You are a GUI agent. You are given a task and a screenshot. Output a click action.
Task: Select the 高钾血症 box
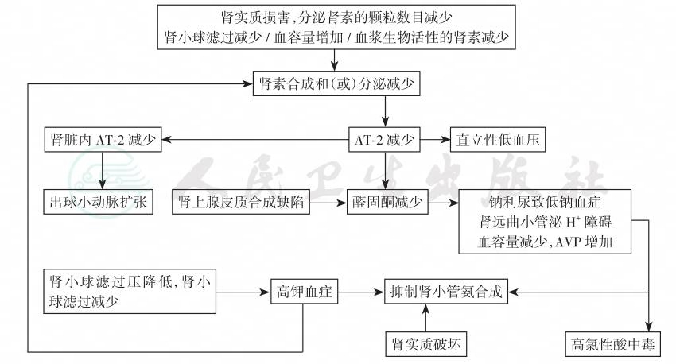pos(303,292)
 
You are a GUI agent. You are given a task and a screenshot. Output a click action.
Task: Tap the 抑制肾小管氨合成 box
pos(445,292)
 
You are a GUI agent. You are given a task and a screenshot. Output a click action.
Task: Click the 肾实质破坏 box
pos(426,344)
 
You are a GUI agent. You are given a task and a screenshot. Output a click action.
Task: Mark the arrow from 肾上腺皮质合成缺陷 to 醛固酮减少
pos(326,202)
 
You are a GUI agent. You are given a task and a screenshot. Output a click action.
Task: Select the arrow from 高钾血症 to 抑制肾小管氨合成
pos(359,292)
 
